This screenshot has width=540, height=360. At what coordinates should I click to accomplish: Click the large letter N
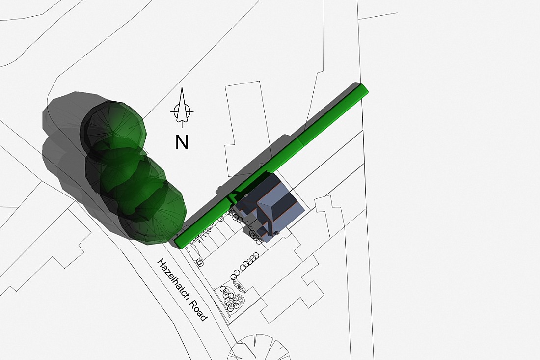(182, 142)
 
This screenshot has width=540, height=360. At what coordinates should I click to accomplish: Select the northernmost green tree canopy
(113, 128)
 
